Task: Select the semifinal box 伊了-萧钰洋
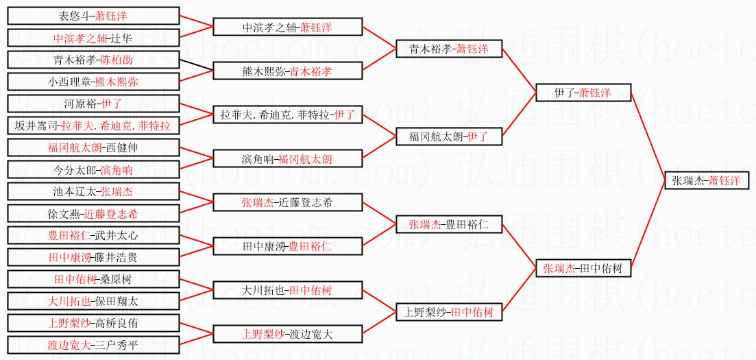583,93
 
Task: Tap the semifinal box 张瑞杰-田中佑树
583,269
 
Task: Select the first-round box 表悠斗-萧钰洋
93,16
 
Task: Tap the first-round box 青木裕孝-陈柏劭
93,60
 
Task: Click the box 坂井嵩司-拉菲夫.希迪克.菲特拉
93,125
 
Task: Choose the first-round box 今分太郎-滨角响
93,169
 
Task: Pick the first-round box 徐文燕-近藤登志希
93,213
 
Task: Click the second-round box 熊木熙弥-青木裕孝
288,71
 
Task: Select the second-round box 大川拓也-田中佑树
288,290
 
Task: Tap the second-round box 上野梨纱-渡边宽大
288,334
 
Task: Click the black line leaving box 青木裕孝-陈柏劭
196,65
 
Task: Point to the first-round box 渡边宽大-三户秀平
93,345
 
